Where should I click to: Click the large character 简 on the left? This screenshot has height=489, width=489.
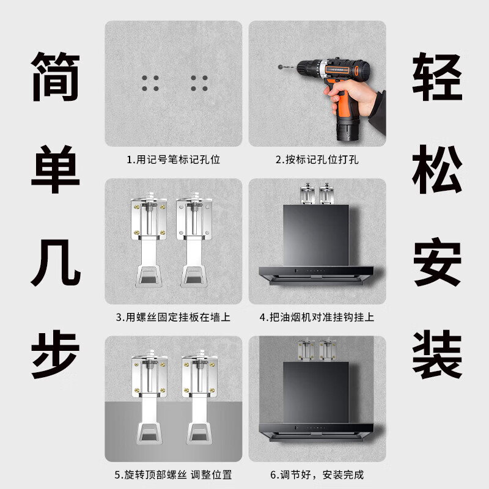(56, 77)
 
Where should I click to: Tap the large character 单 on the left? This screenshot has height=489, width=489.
(56, 166)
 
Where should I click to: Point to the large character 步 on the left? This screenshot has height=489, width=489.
(56, 354)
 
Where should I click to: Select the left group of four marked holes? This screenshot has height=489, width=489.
(150, 84)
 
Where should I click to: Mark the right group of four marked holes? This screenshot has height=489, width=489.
(199, 84)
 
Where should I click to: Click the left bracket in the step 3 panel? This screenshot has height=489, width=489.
(148, 241)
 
